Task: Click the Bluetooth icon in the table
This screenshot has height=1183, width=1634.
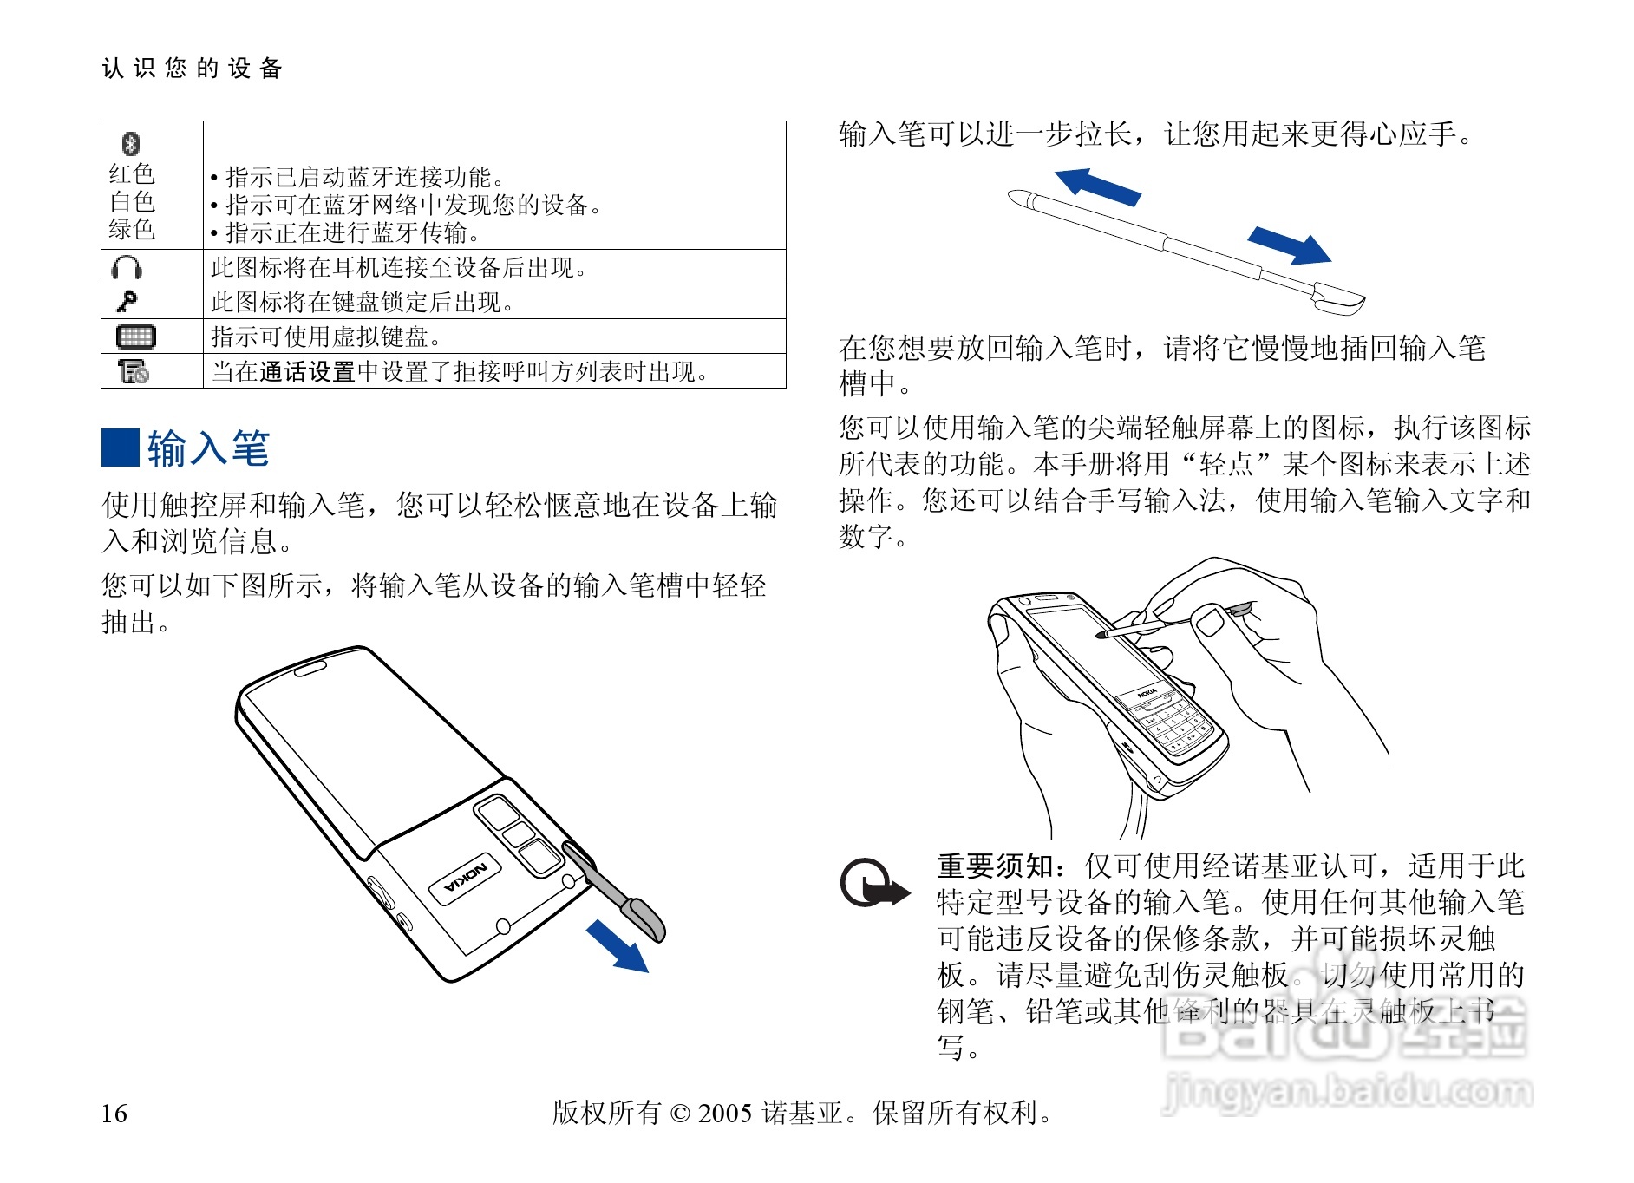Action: (x=131, y=144)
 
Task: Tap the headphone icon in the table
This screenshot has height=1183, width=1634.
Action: (x=127, y=267)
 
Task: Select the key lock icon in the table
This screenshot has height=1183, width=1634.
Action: (x=127, y=302)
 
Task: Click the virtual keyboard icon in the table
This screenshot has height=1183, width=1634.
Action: (x=135, y=336)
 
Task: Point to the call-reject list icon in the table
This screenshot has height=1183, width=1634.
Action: (x=134, y=371)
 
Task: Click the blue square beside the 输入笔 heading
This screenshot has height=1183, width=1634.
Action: (x=120, y=448)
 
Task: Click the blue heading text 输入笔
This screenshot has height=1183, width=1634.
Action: (x=208, y=448)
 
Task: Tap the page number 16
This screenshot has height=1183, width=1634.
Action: (x=114, y=1113)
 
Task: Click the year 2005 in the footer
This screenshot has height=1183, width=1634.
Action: (x=724, y=1113)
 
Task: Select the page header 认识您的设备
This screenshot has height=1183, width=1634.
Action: (x=192, y=68)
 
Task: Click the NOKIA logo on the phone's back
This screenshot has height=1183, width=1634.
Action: (x=466, y=878)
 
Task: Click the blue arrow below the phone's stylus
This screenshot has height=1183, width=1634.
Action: (x=618, y=946)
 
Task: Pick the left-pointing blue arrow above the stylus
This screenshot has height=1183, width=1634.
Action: (x=1097, y=186)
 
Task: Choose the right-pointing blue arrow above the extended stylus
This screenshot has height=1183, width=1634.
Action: (x=1290, y=245)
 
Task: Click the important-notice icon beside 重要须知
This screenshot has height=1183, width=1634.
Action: (x=874, y=884)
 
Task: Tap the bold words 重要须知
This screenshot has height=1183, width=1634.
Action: (x=995, y=866)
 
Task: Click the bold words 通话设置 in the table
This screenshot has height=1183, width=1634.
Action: (x=307, y=372)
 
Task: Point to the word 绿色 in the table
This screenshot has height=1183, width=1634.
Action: (x=132, y=229)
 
